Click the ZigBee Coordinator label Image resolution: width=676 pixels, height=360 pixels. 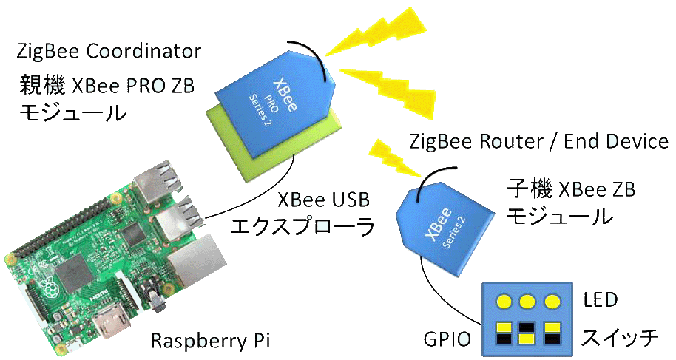click(109, 51)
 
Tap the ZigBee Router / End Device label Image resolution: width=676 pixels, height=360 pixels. click(538, 140)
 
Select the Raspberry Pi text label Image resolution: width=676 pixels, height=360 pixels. click(211, 341)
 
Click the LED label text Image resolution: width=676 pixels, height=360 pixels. click(600, 301)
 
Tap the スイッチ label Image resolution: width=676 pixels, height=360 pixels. click(619, 339)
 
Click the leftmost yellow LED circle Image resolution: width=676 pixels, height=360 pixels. click(502, 302)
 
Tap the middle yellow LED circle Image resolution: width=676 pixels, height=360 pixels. click(527, 302)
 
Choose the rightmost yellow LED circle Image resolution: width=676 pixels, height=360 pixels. click(552, 302)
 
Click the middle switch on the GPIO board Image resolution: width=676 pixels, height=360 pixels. click(527, 333)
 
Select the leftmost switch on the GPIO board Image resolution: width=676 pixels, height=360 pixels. click(503, 333)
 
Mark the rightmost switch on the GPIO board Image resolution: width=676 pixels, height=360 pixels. click(552, 333)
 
